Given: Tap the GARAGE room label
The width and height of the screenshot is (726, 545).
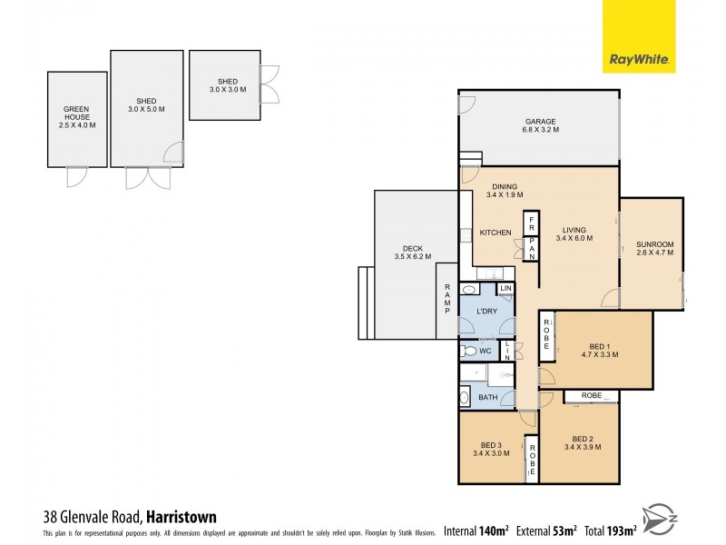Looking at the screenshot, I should click(x=540, y=125).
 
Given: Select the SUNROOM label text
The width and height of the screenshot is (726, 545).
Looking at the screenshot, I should click(x=653, y=250).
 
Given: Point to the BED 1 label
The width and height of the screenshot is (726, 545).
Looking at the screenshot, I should click(x=598, y=350).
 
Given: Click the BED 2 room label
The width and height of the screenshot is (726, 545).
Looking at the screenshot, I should click(x=582, y=441).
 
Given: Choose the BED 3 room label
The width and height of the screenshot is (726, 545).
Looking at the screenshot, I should click(x=491, y=448).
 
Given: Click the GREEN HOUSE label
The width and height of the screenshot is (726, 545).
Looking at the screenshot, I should click(x=76, y=117).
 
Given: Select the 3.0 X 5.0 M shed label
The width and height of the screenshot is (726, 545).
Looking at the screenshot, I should click(x=146, y=106).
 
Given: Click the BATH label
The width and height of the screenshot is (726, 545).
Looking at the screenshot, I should click(x=488, y=397).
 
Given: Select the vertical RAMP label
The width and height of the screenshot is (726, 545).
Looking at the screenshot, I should click(x=447, y=300).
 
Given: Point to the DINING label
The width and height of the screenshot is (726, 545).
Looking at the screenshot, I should click(x=504, y=190).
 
